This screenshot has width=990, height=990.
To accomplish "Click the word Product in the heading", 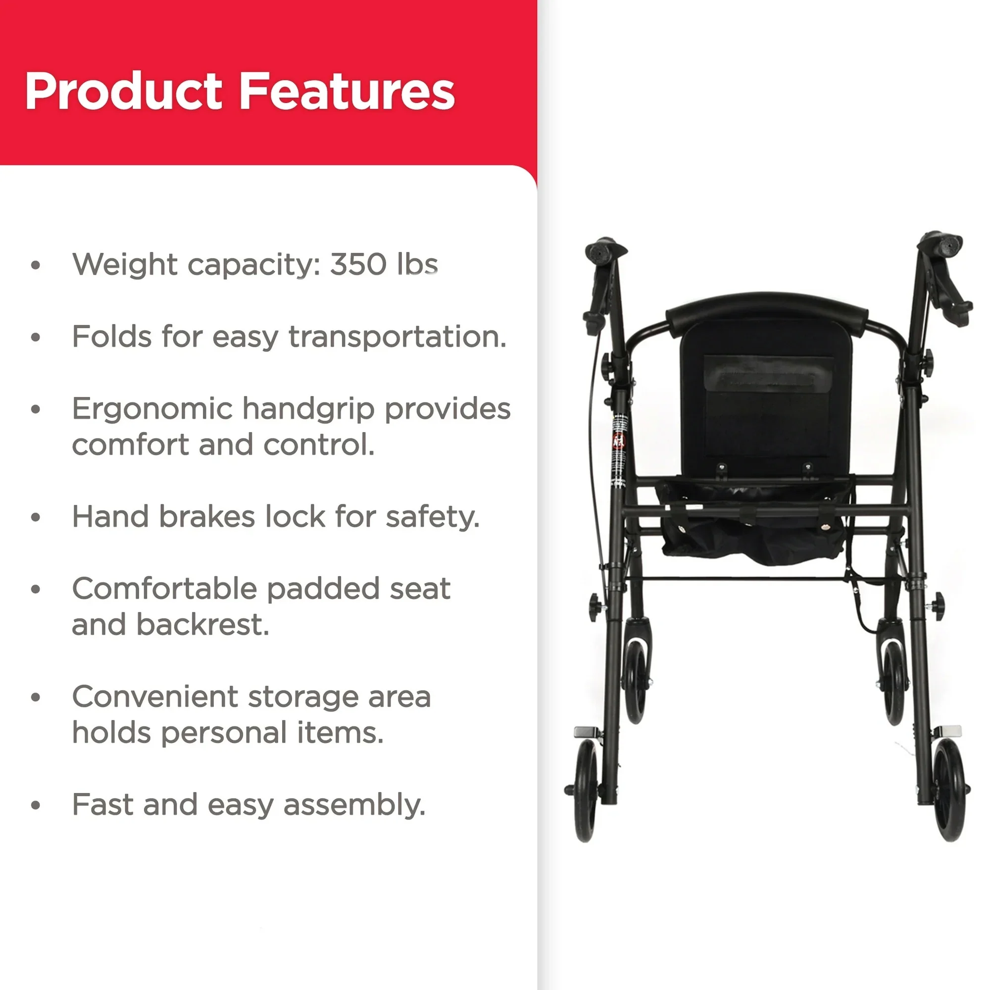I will (x=123, y=91).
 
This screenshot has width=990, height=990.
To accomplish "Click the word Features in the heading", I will (x=347, y=91).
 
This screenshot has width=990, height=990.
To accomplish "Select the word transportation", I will (x=397, y=337).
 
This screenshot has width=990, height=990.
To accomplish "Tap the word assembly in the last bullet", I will (x=354, y=805).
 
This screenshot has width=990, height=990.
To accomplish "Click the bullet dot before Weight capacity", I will (x=35, y=265).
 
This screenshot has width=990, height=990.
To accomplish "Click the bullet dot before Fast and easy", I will (x=35, y=805).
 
